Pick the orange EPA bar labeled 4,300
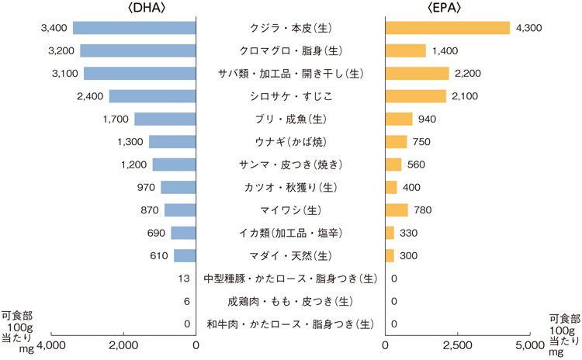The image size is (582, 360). click(448, 28)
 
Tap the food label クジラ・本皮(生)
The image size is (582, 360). click(291, 28)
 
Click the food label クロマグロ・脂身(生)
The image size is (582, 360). click(291, 51)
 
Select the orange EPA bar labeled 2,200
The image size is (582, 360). click(417, 74)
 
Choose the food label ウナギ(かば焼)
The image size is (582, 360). click(291, 142)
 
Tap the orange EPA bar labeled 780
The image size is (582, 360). click(397, 210)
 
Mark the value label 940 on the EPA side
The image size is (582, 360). click(428, 119)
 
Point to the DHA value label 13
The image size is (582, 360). click(184, 279)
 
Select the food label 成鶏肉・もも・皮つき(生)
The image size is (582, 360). click(291, 301)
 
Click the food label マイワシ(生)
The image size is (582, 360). click(291, 210)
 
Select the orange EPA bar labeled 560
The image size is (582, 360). click(394, 164)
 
